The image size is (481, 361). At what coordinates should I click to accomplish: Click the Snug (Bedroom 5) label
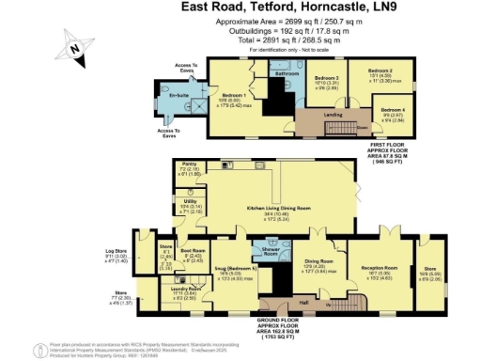point(231,268)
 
